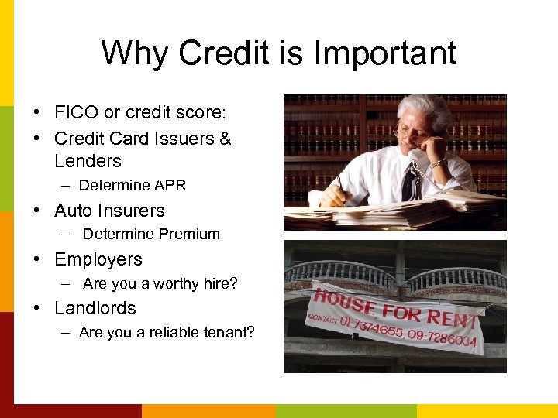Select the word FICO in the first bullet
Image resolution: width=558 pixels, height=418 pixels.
coord(76,113)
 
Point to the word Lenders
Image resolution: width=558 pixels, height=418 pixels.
coord(88,161)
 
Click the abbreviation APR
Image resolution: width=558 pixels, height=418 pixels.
coord(170,186)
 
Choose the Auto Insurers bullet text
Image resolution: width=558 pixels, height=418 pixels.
coord(109,211)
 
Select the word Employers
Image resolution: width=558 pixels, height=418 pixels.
coord(98,259)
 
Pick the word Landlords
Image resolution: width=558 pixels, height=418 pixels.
coord(95,308)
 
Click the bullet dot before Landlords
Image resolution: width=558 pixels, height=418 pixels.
coord(36,308)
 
